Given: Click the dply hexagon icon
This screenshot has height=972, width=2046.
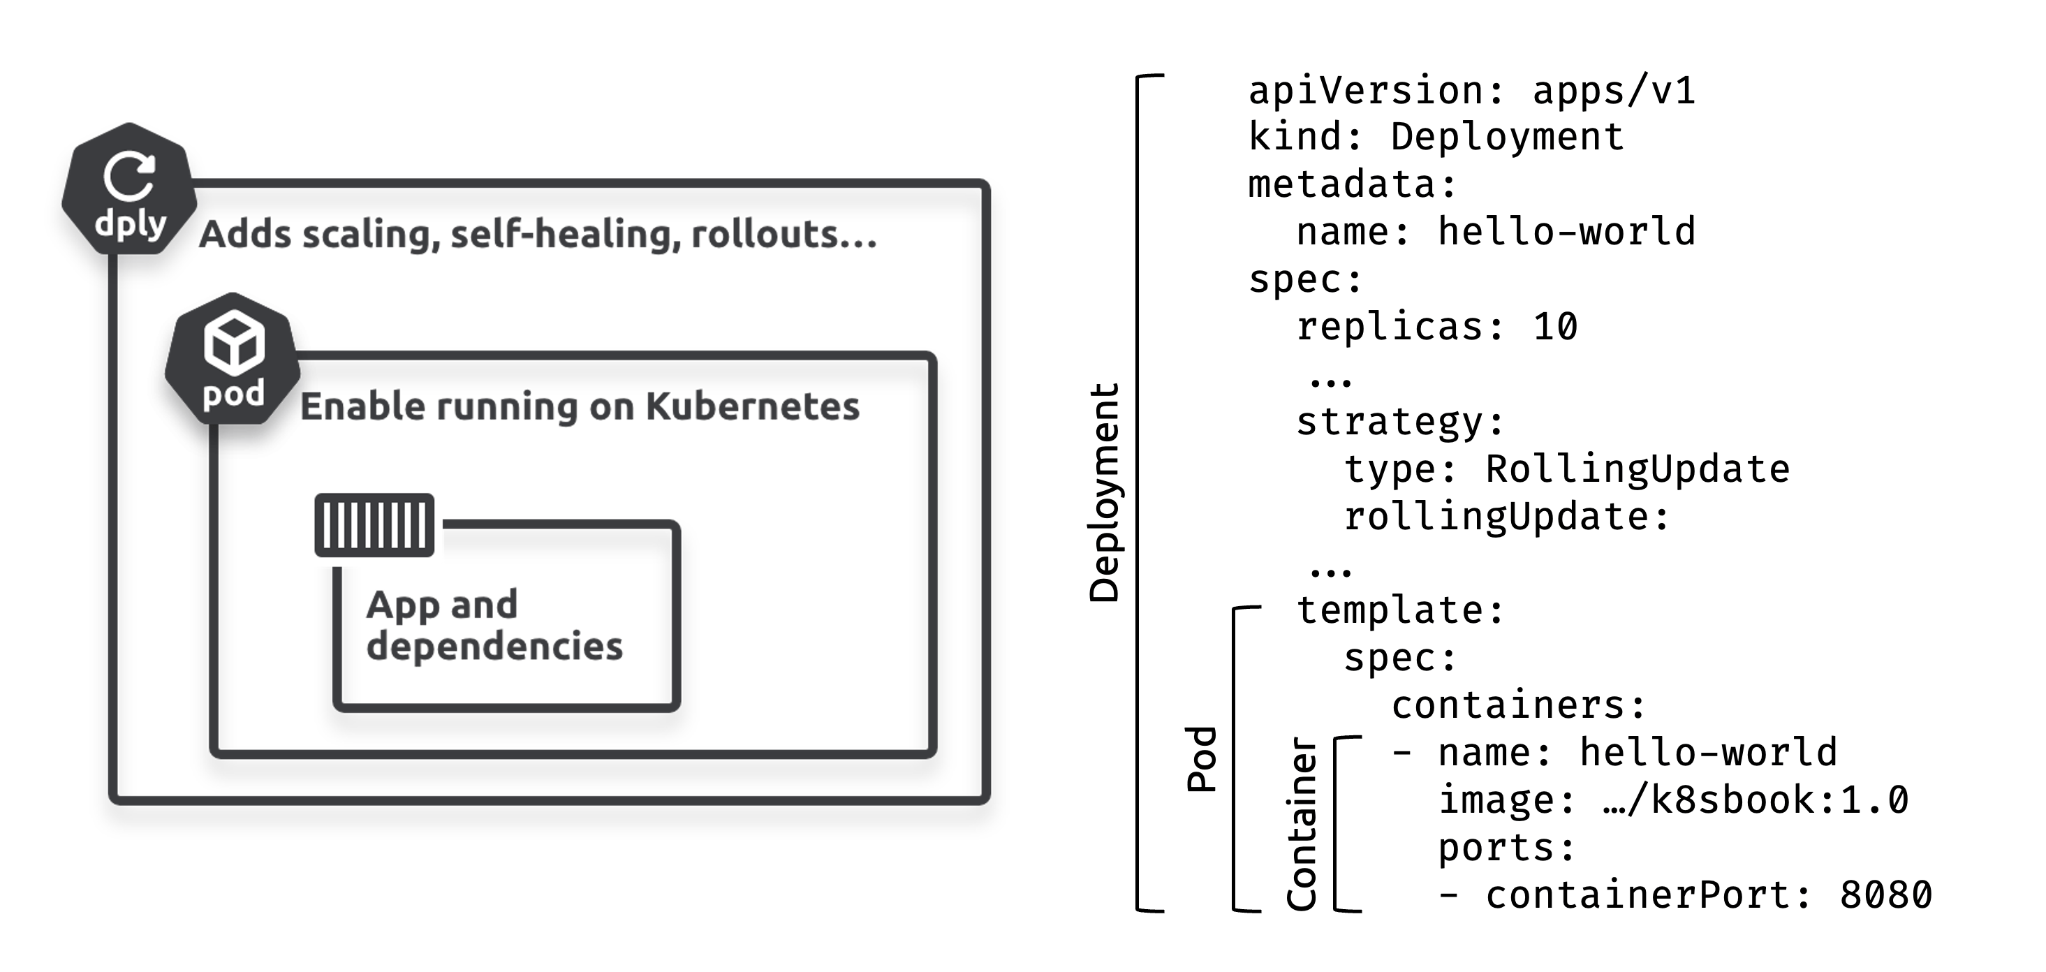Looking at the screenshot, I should click(129, 190).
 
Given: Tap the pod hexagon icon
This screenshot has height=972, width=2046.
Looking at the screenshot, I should click(233, 359).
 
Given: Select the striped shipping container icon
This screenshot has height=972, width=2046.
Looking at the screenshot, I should click(374, 525).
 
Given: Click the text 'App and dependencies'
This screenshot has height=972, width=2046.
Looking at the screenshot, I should click(493, 625).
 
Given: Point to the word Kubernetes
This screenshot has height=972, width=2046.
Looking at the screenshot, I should click(752, 406).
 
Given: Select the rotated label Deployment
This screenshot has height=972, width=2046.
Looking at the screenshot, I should click(1104, 492).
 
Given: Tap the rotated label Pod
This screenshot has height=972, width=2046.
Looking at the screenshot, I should click(1202, 759).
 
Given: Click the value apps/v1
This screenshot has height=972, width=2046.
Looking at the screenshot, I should click(1613, 91).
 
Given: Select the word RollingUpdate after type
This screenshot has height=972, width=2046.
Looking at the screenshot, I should click(1637, 469).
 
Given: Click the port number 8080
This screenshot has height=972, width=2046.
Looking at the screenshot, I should click(1885, 896).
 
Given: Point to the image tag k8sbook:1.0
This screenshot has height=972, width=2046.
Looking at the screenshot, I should click(1779, 800).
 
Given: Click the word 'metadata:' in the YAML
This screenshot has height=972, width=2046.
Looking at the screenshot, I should click(1353, 185).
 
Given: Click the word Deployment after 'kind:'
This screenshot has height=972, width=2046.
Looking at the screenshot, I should click(1507, 138).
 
